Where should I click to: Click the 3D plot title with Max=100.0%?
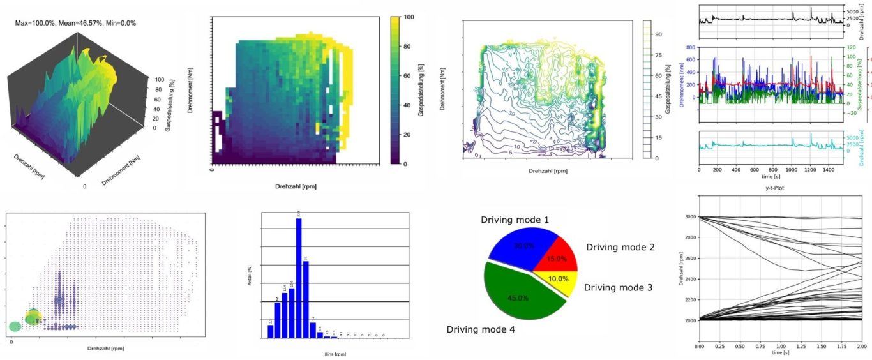[x=75, y=23]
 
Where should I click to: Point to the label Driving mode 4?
[x=481, y=329]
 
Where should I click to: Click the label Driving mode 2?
[x=620, y=247]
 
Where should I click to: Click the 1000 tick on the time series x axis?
[x=792, y=170]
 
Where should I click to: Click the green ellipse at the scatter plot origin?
[x=15, y=326]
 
